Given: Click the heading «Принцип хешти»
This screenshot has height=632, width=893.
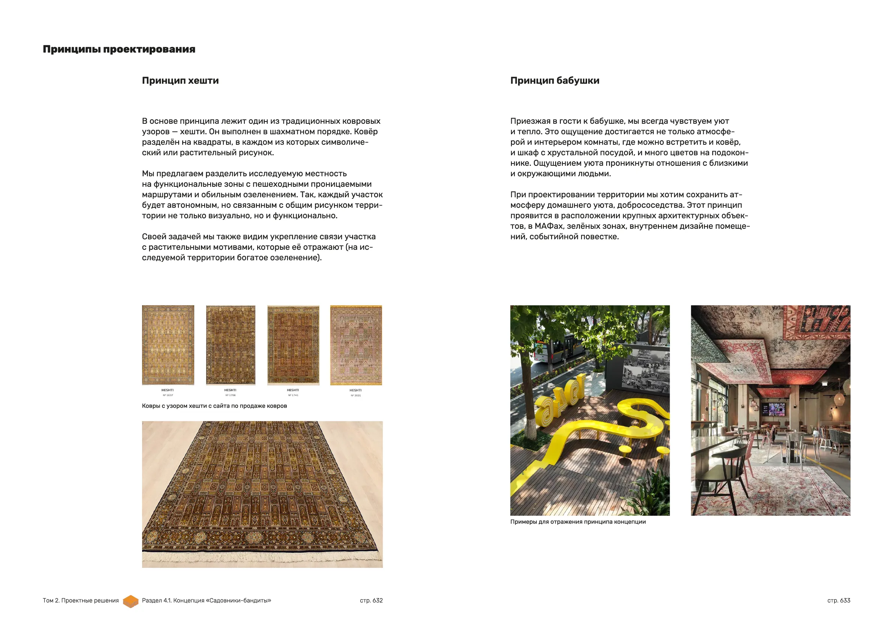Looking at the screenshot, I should (180, 81).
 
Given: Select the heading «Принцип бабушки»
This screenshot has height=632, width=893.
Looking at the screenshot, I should (554, 81).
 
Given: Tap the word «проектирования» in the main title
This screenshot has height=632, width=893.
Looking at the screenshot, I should (149, 50).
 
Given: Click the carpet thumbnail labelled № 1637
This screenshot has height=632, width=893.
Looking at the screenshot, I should (168, 345).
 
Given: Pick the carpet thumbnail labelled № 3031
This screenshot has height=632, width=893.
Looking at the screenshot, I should (356, 345).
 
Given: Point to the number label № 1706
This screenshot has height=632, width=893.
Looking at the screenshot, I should (230, 395).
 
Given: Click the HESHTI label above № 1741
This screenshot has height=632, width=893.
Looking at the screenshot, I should (293, 390).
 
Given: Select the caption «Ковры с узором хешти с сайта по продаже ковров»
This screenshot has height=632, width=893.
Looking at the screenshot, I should (214, 406).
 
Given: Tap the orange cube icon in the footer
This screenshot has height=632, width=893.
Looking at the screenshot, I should (131, 601).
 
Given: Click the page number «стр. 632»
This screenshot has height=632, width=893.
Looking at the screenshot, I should (371, 600).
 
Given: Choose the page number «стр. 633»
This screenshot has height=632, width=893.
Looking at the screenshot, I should (839, 600).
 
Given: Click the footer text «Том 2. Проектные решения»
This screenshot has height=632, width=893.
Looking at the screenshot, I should (81, 600).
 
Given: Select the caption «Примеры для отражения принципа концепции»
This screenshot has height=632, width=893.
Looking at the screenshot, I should (578, 522).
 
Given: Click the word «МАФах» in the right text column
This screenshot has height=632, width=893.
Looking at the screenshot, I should (548, 226).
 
